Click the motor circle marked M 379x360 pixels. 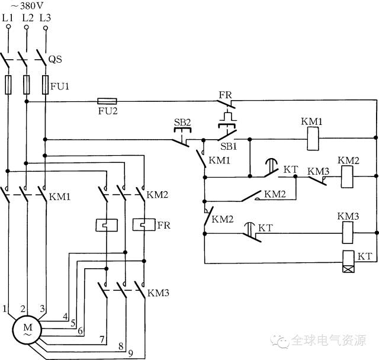27,329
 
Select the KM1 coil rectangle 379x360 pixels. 313,139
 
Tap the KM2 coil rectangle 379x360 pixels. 347,176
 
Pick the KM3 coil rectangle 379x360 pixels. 348,233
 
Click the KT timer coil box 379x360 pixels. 349,262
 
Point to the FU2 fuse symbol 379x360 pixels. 107,101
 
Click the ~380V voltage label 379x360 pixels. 27,6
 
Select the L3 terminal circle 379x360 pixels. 46,28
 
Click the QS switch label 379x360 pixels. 55,59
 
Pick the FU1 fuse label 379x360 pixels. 60,86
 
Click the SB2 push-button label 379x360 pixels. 182,122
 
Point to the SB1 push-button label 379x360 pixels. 229,146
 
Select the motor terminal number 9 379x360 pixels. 130,353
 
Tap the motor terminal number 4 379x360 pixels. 65,316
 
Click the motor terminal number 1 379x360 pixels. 5,308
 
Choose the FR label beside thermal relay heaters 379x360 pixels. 164,225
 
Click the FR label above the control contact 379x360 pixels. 225,95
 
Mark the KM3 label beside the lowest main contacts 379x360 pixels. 158,293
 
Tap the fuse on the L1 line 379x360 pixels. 8,85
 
